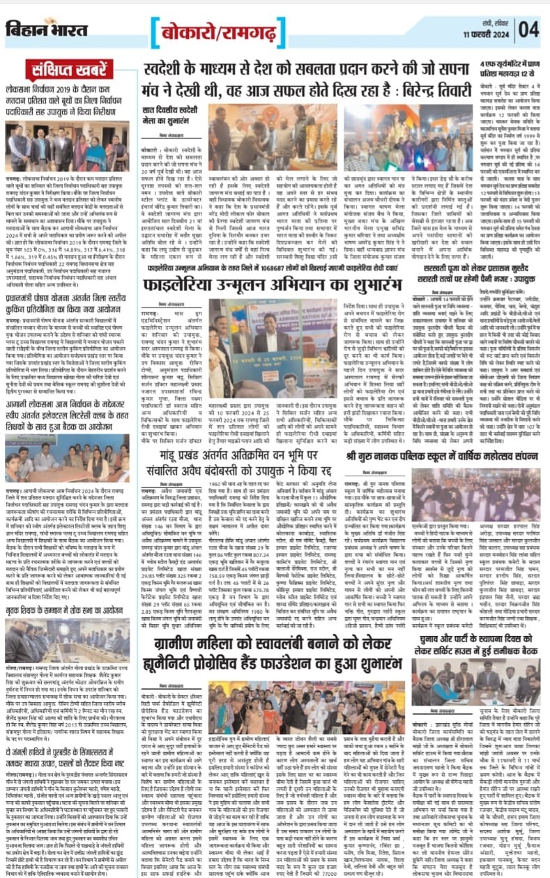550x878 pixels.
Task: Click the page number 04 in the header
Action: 529,29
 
